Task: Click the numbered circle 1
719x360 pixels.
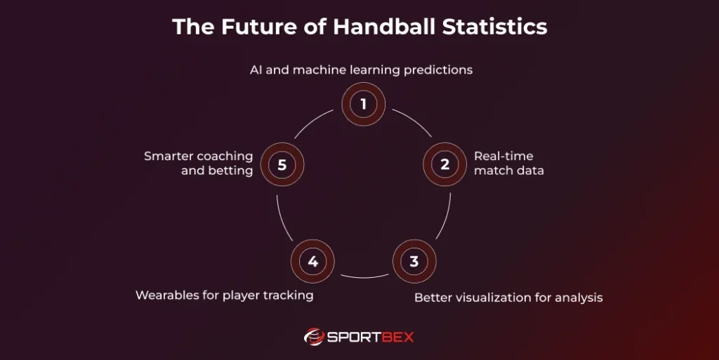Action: (363, 104)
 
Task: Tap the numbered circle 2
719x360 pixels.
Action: (444, 164)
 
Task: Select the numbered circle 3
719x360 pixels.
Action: (414, 262)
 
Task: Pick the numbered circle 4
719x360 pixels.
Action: (312, 262)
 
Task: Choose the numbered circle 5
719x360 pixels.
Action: (282, 164)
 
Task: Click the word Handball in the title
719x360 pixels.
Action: (384, 27)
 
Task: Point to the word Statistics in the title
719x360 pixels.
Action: (495, 27)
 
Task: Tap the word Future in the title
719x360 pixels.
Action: (258, 27)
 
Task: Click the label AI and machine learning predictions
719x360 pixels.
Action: (362, 70)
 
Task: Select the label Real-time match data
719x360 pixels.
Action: (509, 163)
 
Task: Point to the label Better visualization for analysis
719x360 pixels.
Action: (508, 298)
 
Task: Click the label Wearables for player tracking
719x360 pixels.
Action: (225, 295)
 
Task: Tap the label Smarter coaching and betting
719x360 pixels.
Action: (199, 163)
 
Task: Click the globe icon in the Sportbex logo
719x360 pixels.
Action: (314, 337)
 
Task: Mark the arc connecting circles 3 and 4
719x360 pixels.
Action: (364, 277)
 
